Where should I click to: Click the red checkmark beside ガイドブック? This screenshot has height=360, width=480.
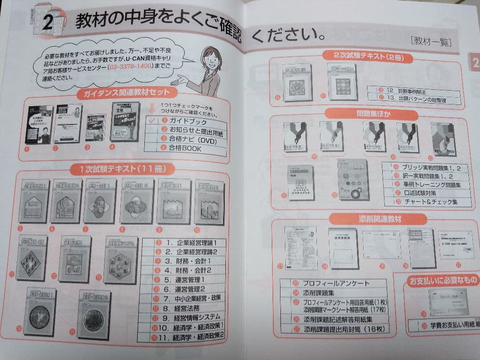tap(152, 120)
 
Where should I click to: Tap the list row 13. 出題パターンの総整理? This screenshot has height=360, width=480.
tap(416, 100)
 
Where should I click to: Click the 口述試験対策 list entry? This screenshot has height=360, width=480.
tap(413, 193)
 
